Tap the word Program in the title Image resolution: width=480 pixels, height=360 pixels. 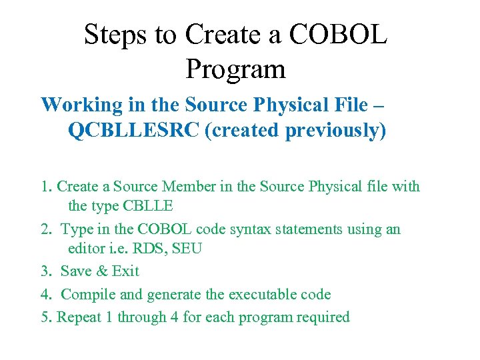click(236, 69)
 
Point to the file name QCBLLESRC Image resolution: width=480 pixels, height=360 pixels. click(134, 130)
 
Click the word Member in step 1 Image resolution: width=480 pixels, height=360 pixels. click(204, 186)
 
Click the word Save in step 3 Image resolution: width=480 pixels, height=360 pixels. click(77, 271)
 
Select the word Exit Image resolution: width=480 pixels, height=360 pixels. click(125, 271)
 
